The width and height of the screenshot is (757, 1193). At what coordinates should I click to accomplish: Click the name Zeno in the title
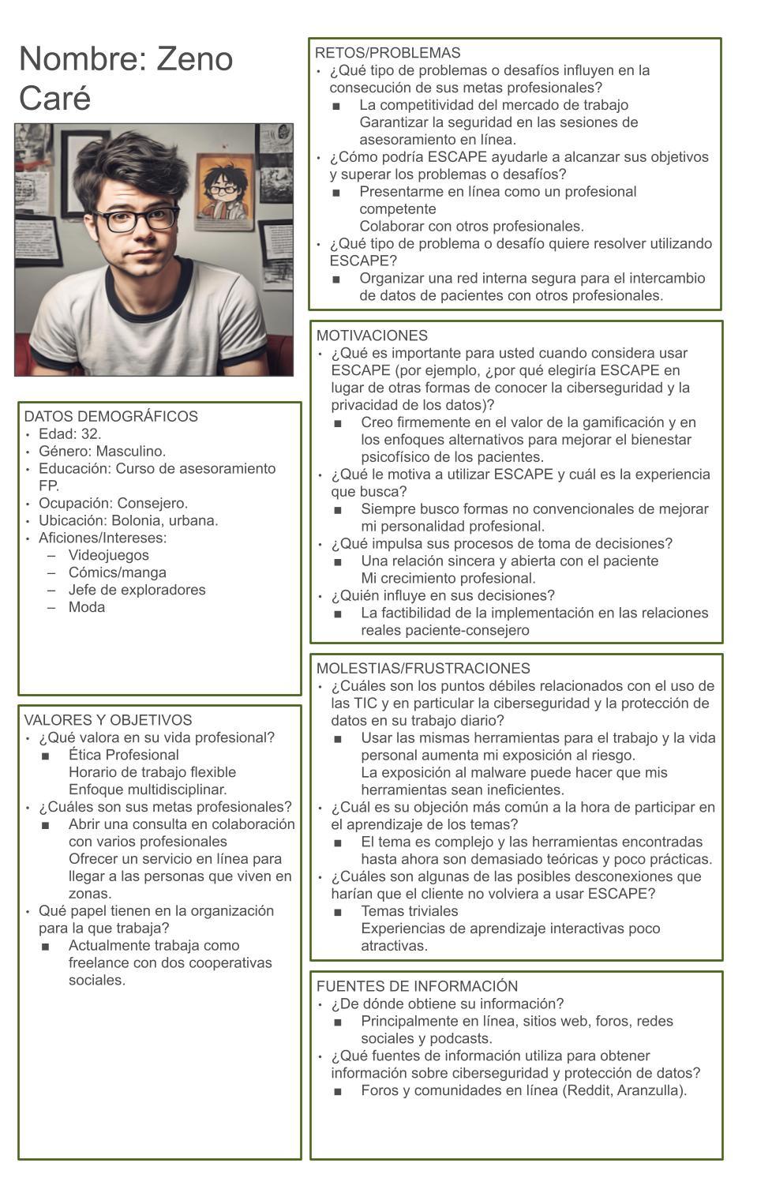click(194, 59)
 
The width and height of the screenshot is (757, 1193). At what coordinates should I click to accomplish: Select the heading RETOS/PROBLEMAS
click(387, 53)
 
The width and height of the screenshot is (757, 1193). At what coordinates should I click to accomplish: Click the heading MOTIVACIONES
click(372, 336)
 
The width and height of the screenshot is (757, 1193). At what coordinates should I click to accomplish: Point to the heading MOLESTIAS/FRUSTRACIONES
click(423, 669)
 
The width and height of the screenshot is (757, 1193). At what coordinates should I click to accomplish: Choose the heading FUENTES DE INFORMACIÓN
click(417, 986)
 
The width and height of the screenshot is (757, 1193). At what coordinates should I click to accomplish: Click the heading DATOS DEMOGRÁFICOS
click(111, 416)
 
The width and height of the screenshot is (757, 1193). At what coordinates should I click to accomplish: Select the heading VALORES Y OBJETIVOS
click(108, 720)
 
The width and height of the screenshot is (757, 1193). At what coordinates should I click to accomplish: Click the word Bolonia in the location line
click(138, 521)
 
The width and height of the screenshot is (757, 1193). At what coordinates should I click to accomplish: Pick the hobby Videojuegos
click(108, 556)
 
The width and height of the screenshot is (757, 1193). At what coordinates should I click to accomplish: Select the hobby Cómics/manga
click(117, 573)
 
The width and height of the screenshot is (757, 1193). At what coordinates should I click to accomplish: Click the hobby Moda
click(86, 608)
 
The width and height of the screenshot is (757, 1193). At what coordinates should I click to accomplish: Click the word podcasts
click(459, 1039)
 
